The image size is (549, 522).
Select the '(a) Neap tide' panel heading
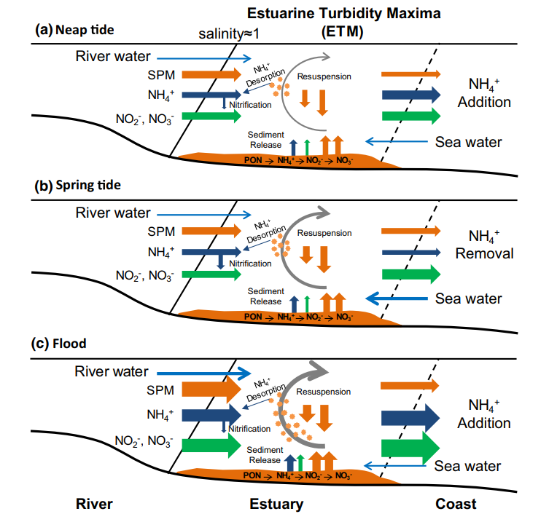tap(76, 30)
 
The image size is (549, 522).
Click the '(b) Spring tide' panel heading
tap(78, 185)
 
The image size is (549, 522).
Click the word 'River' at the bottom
tap(95, 504)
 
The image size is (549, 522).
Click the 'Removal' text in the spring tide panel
tap(485, 253)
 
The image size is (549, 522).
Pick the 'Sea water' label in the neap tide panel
tap(469, 142)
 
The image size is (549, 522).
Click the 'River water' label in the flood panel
tap(112, 371)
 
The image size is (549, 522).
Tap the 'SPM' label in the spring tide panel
tap(160, 232)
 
